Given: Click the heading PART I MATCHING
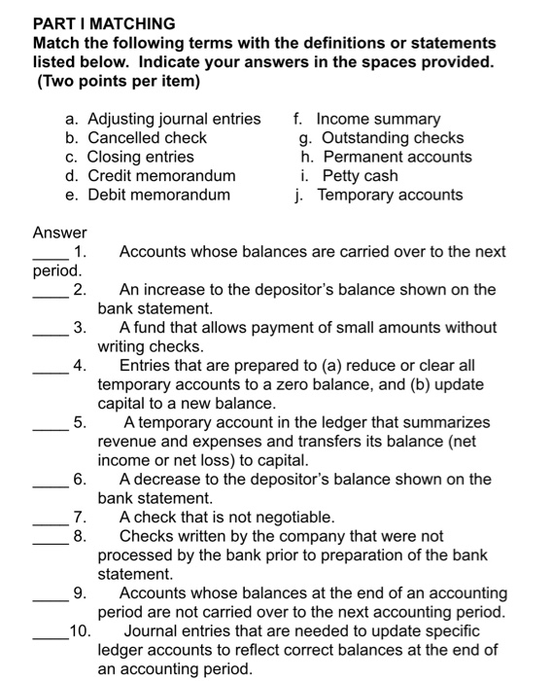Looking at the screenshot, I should point(104,23).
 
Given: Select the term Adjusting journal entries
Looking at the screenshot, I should point(174,119).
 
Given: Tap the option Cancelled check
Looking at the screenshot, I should point(147,138).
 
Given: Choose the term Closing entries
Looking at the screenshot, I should point(140,157).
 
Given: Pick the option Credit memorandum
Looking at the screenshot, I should point(161,176).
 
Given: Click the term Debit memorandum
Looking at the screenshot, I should point(158,195).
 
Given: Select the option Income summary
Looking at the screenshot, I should point(378,119).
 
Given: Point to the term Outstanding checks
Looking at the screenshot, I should point(393,138).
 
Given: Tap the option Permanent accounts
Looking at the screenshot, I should point(397,157).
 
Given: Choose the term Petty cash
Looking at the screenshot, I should point(360,176).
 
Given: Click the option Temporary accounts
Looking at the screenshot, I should point(390,195).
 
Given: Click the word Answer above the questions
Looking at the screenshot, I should point(59,233).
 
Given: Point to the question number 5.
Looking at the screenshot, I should point(80,423).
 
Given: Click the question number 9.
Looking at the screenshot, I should point(80,593).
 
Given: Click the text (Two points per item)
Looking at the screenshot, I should point(118,82).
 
